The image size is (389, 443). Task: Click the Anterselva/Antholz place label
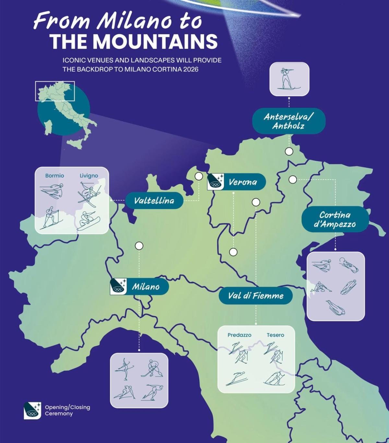[x=289, y=121]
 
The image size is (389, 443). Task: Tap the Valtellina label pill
[x=154, y=200]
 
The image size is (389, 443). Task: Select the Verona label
[x=242, y=182]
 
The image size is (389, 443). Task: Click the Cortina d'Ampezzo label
[x=335, y=219]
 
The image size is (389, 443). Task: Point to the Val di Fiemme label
[x=255, y=295]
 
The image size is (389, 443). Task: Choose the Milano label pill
[x=146, y=287]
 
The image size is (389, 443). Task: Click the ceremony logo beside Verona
[x=216, y=182]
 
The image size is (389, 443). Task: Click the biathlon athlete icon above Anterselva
[x=289, y=79]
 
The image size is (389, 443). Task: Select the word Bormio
[x=54, y=176]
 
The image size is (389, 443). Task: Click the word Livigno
[x=89, y=176]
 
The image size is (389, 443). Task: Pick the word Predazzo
[x=239, y=335]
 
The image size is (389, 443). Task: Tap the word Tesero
[x=275, y=335]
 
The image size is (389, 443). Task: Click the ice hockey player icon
[x=152, y=369]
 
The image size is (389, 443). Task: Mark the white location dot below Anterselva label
[x=289, y=151]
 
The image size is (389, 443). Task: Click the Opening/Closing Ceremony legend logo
[x=32, y=410]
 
